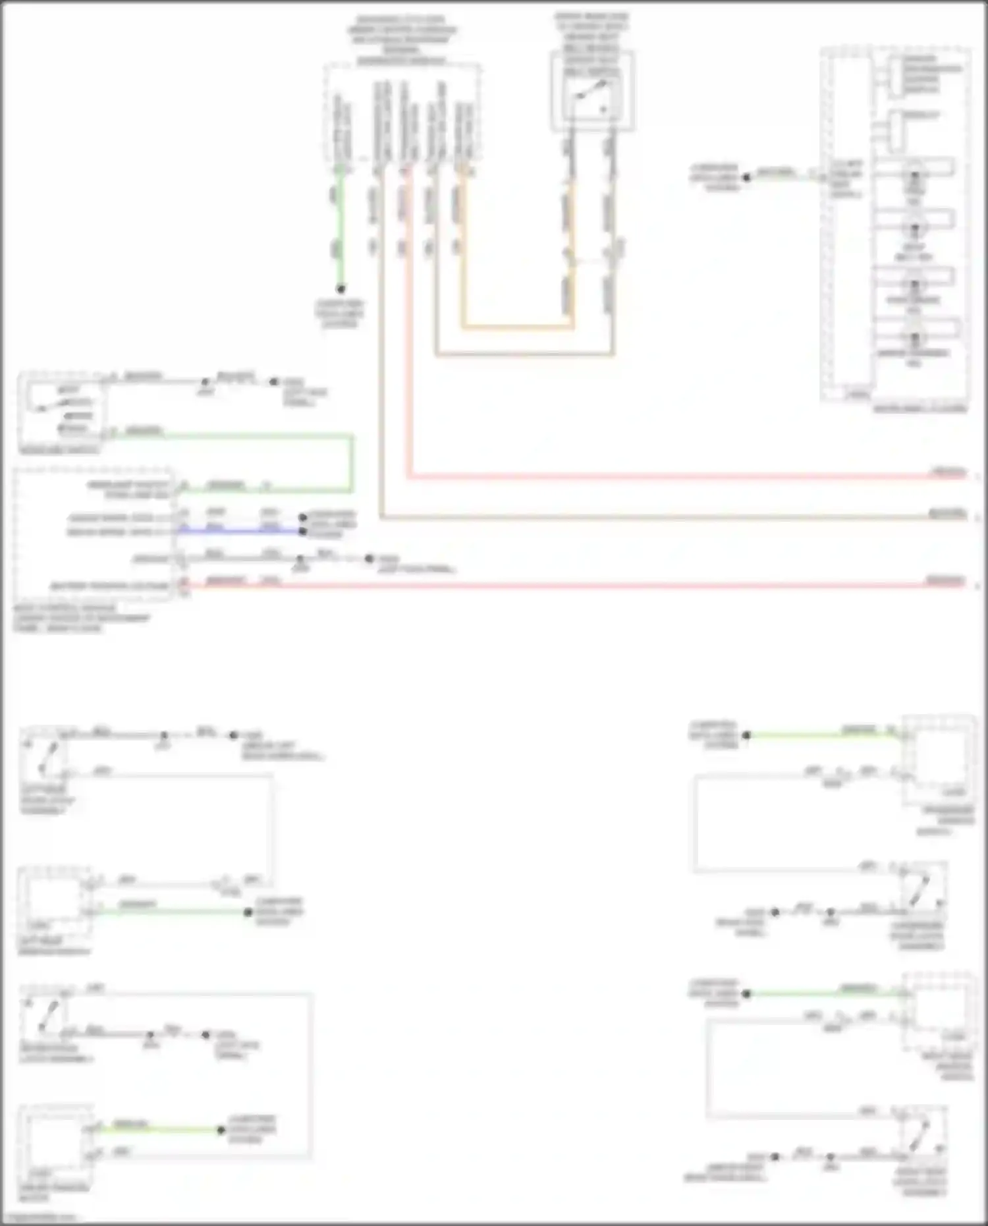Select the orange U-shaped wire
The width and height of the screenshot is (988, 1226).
click(516, 325)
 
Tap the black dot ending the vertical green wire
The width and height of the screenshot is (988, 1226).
click(341, 289)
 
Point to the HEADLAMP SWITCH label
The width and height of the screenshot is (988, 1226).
click(60, 451)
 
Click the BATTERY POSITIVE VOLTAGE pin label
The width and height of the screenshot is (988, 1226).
click(111, 586)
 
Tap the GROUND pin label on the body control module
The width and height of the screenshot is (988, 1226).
click(151, 559)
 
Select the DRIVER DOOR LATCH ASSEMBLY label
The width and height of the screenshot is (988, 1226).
click(57, 1053)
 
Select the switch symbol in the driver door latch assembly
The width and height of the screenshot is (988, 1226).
click(46, 1015)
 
